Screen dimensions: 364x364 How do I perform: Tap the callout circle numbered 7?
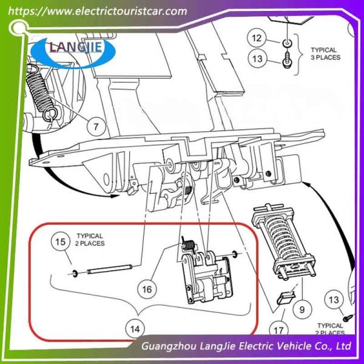click(x=96, y=126)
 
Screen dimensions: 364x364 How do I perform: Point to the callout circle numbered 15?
click(x=59, y=243)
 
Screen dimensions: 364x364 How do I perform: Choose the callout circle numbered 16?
click(x=147, y=289)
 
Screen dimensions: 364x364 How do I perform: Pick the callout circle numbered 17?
click(x=278, y=331)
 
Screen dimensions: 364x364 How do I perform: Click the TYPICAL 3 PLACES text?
click(x=325, y=53)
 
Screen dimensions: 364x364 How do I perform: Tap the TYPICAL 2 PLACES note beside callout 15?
click(x=90, y=239)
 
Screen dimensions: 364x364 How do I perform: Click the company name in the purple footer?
click(x=245, y=347)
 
